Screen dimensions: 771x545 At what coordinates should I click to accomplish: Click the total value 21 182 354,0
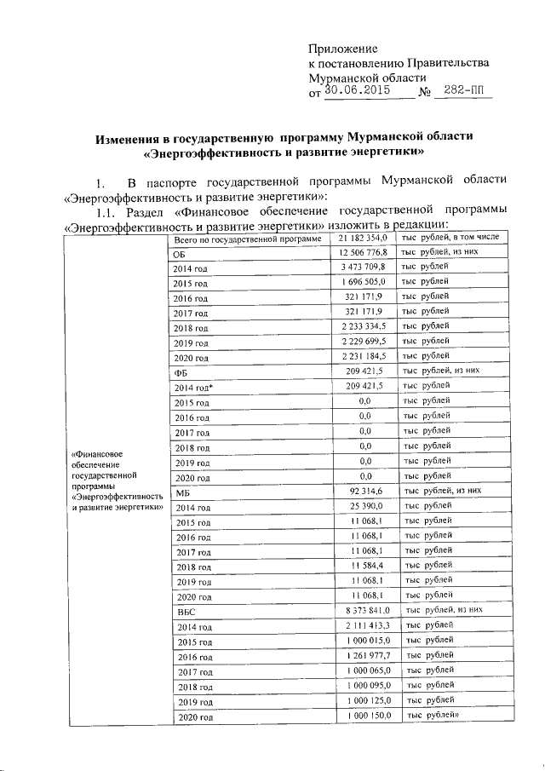[x=363, y=239]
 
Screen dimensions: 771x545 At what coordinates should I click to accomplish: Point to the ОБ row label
[x=179, y=254]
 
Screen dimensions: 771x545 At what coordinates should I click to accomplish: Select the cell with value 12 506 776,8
[x=363, y=253]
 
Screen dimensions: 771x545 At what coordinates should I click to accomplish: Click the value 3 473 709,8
[x=364, y=268]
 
